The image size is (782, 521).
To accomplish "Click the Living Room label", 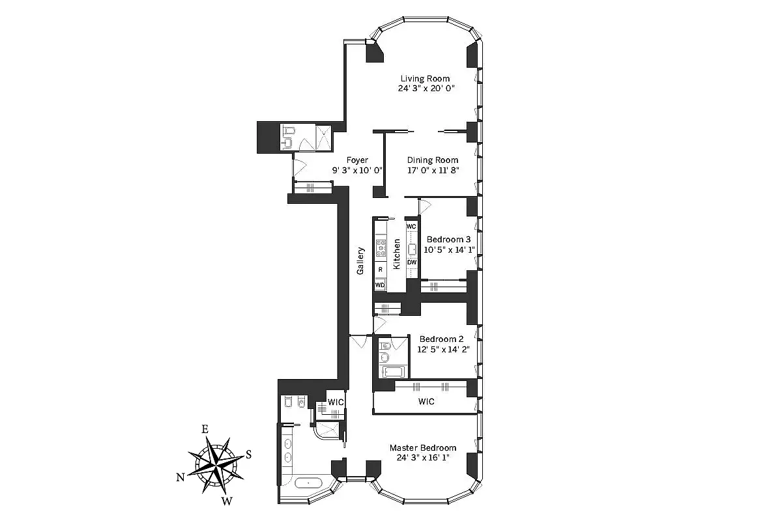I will [x=425, y=79].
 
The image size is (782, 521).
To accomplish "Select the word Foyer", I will [x=357, y=160].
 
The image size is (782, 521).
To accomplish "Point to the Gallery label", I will [x=360, y=260].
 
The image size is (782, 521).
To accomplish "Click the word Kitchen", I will [x=396, y=255].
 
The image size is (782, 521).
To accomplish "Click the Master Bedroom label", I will [x=422, y=448].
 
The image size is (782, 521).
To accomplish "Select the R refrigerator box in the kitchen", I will [x=380, y=269].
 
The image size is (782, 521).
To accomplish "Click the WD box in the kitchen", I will [x=380, y=285].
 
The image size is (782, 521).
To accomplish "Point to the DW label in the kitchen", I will [x=411, y=262].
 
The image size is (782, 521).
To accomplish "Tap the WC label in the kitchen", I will [x=411, y=226].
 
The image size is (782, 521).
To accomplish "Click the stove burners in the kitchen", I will [x=380, y=248].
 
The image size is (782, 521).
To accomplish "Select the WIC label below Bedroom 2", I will [x=426, y=402].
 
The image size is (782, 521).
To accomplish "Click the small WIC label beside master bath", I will [x=335, y=402].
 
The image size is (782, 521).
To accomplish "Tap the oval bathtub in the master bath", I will [x=308, y=483].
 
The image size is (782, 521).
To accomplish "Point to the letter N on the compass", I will [x=180, y=477].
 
